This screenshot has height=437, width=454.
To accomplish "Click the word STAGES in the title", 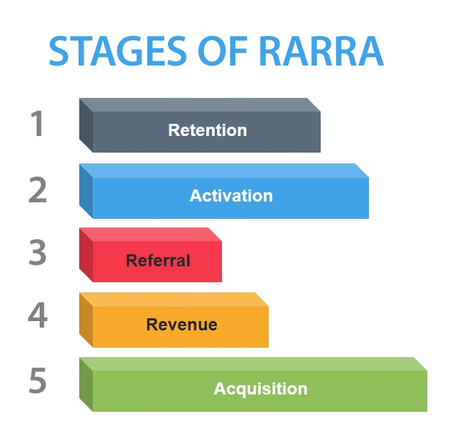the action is click(x=117, y=51).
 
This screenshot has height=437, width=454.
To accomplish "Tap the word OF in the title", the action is click(x=223, y=51).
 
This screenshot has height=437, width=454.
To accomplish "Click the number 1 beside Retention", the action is click(x=37, y=123).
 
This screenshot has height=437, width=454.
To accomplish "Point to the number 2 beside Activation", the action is click(x=37, y=189).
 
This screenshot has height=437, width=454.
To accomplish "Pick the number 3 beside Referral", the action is click(x=37, y=252).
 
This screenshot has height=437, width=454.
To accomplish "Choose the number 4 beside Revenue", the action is click(x=37, y=315).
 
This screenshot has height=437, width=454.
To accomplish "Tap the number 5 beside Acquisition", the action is click(x=37, y=380).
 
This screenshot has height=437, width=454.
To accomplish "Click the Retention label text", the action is click(x=208, y=130).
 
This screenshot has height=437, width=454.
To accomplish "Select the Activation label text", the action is click(x=231, y=196).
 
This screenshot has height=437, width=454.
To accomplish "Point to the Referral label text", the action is click(x=158, y=261).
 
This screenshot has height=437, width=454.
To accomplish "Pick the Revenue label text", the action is click(x=182, y=325).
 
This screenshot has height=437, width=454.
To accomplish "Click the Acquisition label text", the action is click(x=261, y=389).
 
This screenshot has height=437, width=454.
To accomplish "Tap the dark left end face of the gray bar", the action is click(x=86, y=125).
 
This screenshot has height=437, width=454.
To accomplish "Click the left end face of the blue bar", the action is click(x=86, y=191).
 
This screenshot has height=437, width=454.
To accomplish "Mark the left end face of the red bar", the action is click(x=86, y=255).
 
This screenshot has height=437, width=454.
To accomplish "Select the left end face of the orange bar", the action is click(x=86, y=320).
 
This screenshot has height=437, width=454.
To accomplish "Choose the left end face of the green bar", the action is click(x=86, y=384).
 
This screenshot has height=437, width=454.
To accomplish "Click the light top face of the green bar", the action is click(x=254, y=364).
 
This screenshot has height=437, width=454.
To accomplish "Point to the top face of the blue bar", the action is click(x=224, y=171).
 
